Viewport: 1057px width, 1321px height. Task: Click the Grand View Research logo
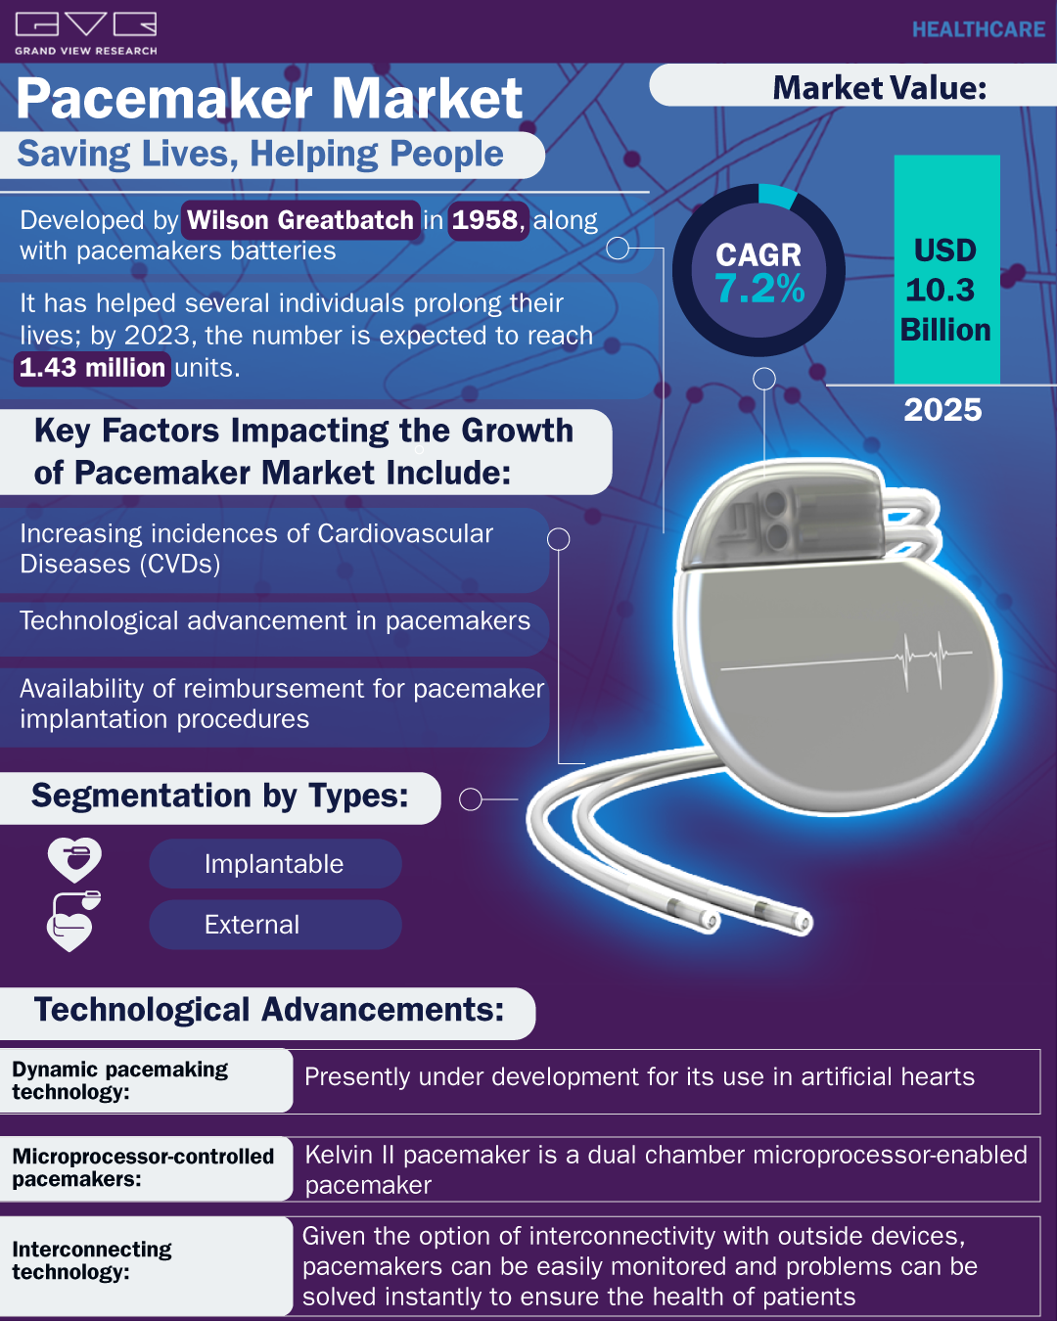coord(86,34)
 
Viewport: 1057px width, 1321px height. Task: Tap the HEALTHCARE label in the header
coord(979,29)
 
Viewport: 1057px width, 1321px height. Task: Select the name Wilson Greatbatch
coord(300,220)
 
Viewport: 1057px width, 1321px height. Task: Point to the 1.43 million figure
coord(92,368)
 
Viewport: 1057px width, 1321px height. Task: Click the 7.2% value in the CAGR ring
coord(759,289)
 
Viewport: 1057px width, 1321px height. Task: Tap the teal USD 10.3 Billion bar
coord(946,269)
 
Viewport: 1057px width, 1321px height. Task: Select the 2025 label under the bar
coord(942,410)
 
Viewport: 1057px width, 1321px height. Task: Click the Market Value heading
coord(880,88)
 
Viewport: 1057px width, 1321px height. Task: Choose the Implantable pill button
coord(275,863)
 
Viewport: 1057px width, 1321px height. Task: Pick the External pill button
coord(275,925)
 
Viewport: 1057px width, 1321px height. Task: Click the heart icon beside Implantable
coord(75,859)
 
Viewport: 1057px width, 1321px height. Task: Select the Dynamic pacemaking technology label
coord(120,1080)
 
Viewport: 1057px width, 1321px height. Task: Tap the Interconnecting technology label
coord(92,1260)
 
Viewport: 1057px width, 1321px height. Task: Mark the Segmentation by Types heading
coord(220,796)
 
